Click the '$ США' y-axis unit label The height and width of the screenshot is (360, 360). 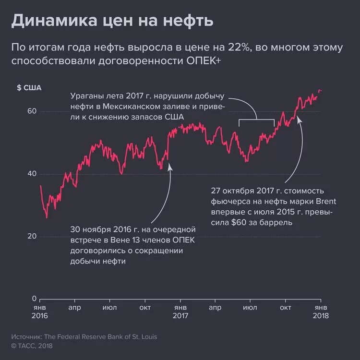(29, 87)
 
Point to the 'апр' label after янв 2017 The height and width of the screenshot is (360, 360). (216, 307)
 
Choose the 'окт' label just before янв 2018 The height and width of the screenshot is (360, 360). (286, 307)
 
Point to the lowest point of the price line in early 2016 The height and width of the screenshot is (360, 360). (47, 217)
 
